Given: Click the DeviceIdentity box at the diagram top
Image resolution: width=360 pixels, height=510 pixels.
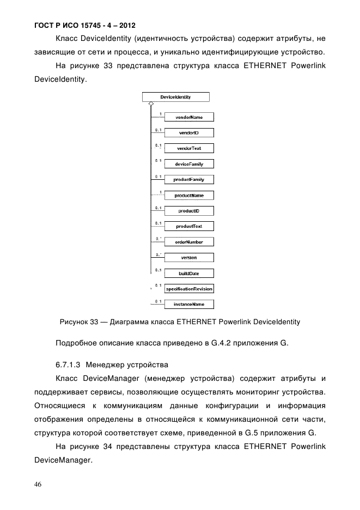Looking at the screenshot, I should click(175, 97).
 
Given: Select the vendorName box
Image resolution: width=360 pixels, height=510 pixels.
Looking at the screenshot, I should click(189, 117).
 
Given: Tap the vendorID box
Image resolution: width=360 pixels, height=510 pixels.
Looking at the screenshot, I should click(189, 132).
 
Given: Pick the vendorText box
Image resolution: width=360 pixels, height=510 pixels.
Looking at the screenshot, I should click(189, 148).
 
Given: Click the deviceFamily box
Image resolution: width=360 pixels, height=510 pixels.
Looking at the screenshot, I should click(189, 164).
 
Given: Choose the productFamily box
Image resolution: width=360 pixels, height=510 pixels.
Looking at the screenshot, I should click(189, 179).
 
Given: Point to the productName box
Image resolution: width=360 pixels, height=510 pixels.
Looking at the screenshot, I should click(189, 195).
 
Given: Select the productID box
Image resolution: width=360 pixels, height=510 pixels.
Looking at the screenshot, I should click(189, 211).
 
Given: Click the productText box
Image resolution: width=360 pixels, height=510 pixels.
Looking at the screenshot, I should click(189, 226).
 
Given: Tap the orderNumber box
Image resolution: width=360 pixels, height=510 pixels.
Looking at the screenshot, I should click(189, 242).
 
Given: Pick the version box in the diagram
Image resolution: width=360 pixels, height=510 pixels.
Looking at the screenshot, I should click(189, 257).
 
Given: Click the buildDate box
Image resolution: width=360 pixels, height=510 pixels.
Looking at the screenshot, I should click(189, 273).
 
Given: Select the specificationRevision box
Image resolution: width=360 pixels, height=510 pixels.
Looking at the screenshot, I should click(189, 289).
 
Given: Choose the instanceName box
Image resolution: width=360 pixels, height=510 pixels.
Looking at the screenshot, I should click(189, 304).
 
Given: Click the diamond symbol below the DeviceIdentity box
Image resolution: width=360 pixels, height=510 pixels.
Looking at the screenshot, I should click(150, 104).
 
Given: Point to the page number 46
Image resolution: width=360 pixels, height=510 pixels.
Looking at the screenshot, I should click(38, 484).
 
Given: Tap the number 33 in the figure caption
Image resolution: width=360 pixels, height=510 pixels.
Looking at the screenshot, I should click(91, 322).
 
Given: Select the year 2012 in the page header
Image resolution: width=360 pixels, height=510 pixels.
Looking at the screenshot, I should click(125, 26).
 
